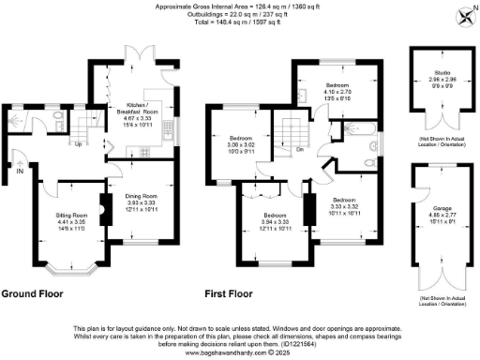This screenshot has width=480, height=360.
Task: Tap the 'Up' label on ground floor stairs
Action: [x=77, y=143]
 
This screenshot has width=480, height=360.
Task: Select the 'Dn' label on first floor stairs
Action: [x=300, y=148]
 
